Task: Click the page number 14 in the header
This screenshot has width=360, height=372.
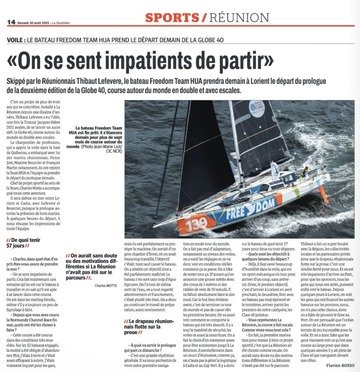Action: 11,22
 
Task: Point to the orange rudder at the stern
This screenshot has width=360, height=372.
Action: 323,193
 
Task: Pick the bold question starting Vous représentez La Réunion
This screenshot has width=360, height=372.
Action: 265,323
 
